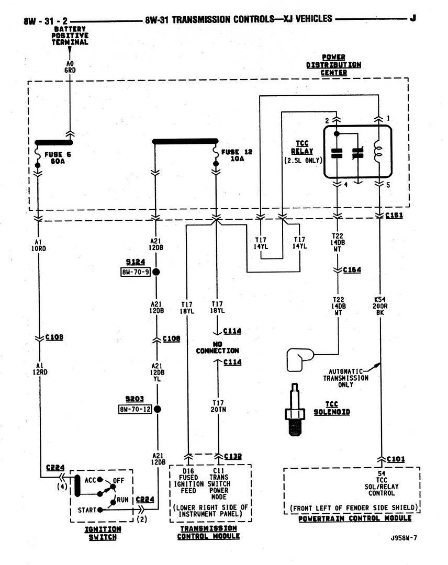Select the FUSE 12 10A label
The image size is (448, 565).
tap(237, 155)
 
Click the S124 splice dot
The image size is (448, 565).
tap(155, 273)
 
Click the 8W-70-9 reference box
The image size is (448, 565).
tap(135, 273)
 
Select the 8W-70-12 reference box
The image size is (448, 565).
tap(135, 409)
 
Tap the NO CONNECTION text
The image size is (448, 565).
tap(217, 346)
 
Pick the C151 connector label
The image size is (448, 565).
tap(395, 216)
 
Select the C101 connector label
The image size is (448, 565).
tap(396, 459)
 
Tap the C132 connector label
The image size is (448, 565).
tap(233, 456)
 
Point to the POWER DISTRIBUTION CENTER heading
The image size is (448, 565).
tap(341, 65)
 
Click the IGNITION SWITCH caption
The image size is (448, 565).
tap(103, 533)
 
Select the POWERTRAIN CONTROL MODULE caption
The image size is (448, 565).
tap(354, 518)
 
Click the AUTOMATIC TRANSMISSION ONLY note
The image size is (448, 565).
tap(345, 377)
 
